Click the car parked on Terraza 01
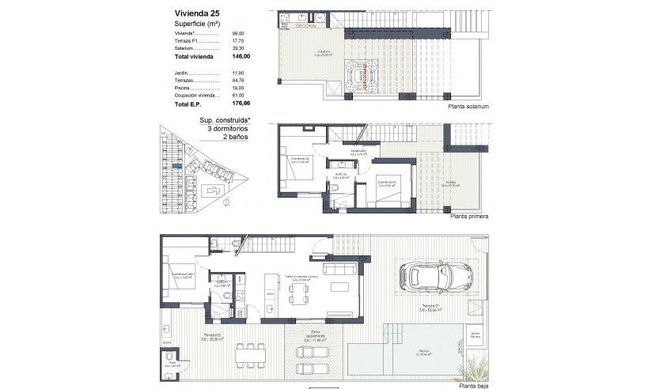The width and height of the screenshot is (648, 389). point(434,277)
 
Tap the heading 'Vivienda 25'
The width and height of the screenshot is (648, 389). point(192,13)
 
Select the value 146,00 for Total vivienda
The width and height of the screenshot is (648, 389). point(241,57)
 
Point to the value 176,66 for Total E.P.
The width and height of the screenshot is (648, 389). point(241,104)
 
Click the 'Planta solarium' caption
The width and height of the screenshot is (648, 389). point(469,106)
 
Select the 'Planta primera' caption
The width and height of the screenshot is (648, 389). point(468,216)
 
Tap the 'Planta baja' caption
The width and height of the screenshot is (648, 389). point(472,384)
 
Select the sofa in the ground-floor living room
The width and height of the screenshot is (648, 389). point(342,270)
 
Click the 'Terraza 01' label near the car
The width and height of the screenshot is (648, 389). point(430,305)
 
